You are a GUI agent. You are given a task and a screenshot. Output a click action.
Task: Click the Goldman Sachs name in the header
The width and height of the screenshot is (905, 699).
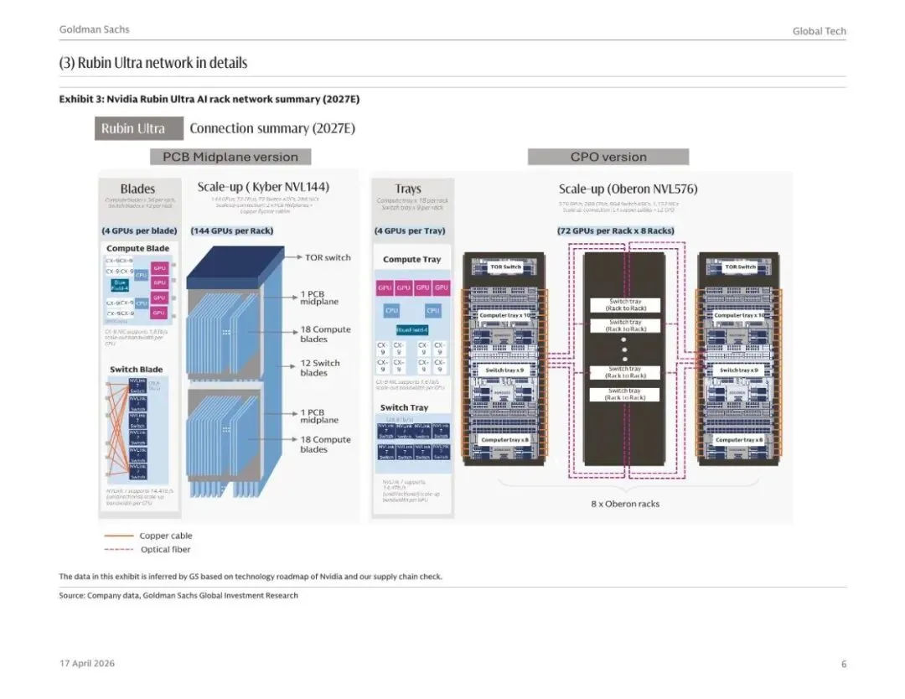point(94,29)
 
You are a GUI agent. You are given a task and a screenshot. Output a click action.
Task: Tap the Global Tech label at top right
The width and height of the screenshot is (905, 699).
point(819,31)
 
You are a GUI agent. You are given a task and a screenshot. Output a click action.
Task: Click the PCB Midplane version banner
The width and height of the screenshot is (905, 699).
point(230,157)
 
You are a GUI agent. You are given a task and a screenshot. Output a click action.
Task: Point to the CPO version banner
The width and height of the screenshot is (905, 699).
point(608,157)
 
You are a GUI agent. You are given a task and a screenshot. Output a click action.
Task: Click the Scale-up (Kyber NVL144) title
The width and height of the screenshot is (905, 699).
point(263,187)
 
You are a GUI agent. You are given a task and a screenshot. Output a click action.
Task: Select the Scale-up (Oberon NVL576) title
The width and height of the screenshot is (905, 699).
point(628,189)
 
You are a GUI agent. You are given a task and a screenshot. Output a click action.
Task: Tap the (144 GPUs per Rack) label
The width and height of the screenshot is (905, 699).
point(232,230)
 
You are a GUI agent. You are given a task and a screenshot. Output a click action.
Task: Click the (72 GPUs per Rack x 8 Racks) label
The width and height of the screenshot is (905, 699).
point(615,230)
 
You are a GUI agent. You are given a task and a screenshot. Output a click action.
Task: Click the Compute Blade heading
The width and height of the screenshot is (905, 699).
point(137,248)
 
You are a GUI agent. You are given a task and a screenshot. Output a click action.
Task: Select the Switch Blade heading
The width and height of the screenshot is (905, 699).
point(136,370)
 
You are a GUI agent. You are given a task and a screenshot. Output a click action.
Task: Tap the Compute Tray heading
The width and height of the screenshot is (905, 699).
point(411,259)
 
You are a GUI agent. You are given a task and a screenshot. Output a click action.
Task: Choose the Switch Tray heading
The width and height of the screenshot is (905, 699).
point(404,407)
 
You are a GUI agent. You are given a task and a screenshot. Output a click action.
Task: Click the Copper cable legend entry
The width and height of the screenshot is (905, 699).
point(165,536)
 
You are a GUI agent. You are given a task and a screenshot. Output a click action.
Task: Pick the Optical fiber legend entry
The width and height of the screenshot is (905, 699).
point(165,550)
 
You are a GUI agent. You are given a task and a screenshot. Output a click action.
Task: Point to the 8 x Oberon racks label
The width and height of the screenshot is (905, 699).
point(625,504)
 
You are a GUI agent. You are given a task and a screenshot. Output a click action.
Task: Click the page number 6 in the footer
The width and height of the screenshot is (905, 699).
point(844,664)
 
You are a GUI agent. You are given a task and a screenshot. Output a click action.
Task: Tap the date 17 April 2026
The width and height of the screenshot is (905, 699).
point(87,664)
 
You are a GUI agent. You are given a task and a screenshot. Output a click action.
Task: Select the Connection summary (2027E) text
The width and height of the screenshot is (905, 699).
point(272,128)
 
